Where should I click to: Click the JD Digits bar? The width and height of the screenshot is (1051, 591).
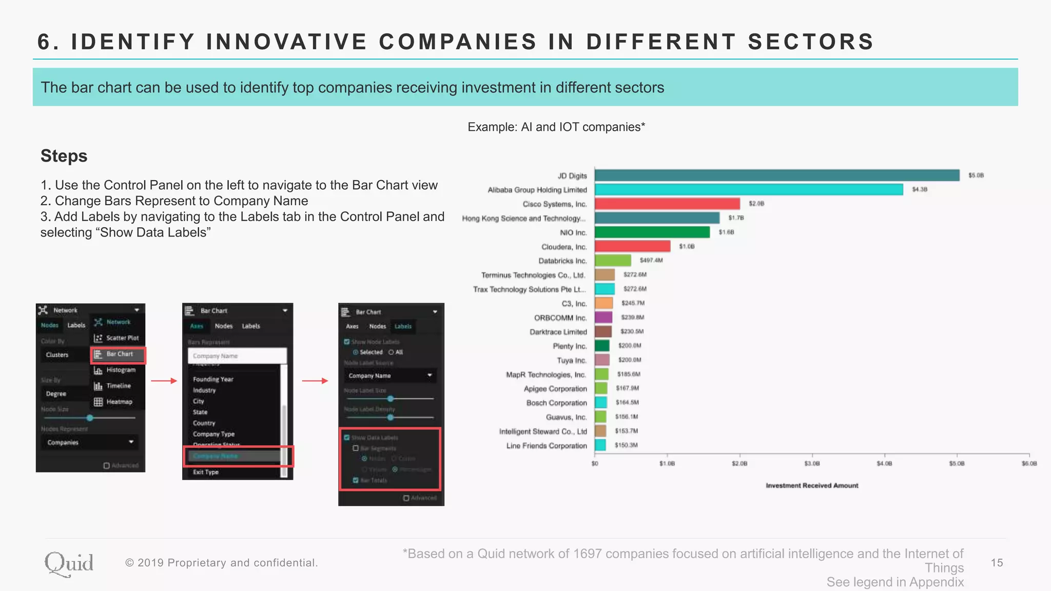click(x=776, y=175)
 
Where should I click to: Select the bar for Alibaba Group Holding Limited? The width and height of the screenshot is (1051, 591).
click(x=748, y=190)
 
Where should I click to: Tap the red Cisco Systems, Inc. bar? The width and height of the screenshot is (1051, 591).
click(x=667, y=204)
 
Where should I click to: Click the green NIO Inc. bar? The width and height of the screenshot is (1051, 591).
click(x=652, y=232)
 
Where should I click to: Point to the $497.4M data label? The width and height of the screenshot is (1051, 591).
click(x=651, y=261)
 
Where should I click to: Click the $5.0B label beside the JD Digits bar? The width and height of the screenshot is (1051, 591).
click(x=976, y=175)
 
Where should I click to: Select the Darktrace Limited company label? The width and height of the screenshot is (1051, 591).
click(x=558, y=332)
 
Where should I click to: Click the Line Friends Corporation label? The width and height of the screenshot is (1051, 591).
click(x=546, y=446)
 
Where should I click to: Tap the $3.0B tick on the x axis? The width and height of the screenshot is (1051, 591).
click(x=812, y=464)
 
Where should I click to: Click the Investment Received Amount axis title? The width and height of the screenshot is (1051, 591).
click(x=812, y=485)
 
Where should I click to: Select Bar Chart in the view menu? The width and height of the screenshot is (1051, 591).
click(x=119, y=354)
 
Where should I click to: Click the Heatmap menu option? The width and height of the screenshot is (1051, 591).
click(x=119, y=402)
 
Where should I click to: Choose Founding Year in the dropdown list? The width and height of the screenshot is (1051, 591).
click(x=213, y=380)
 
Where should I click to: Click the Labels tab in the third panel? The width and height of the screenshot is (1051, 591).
click(x=403, y=326)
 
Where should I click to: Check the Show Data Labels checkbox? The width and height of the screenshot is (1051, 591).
click(x=347, y=438)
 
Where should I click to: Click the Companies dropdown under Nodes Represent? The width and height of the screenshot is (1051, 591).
click(x=90, y=442)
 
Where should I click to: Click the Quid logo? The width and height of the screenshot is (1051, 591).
click(x=69, y=564)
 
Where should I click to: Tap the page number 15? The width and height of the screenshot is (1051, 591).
click(x=997, y=563)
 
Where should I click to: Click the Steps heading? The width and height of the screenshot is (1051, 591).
click(x=64, y=156)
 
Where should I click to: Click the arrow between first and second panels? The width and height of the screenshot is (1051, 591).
click(x=164, y=381)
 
